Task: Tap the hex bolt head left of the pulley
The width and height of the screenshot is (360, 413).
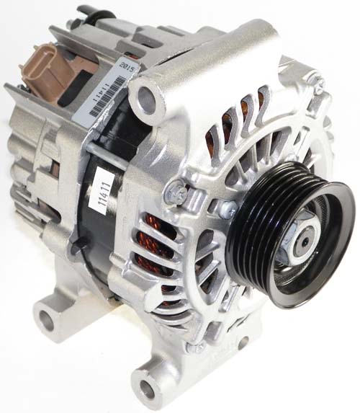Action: pos(176,193)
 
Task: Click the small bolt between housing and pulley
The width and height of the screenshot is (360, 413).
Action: pos(229,209)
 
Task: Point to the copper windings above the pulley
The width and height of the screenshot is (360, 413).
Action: pos(241,123)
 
